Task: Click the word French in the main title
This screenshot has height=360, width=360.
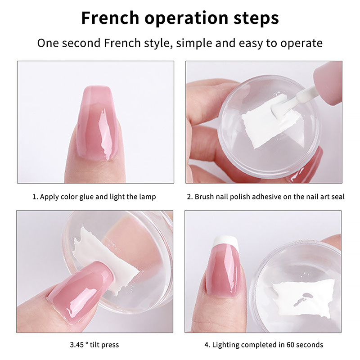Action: (110, 18)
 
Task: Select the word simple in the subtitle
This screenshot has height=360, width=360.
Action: (194, 43)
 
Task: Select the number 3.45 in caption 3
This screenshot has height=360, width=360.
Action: (77, 345)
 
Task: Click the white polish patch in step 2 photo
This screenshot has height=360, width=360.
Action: (270, 121)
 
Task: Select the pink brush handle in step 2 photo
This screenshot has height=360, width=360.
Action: (328, 83)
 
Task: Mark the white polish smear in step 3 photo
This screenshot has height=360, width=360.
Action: (103, 260)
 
